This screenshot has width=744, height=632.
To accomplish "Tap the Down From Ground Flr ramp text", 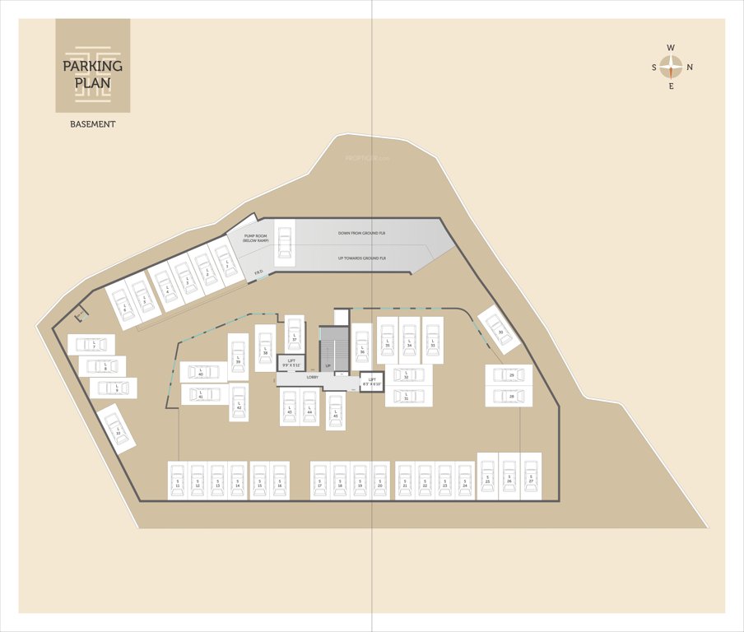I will (x=362, y=234).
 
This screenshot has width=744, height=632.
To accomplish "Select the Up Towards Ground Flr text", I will (x=362, y=258).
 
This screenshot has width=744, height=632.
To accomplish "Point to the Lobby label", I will (x=313, y=377).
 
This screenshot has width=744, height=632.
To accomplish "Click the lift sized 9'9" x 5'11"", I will (x=291, y=362).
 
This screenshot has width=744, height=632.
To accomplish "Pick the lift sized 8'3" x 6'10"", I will (x=372, y=382).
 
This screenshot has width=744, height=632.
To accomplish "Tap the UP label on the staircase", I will (x=328, y=365).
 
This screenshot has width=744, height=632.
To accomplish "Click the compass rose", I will (x=672, y=67).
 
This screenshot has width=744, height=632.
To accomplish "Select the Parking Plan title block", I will (x=92, y=66).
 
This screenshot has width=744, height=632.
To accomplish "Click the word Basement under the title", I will (x=92, y=124).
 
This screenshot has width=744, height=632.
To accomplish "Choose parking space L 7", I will (x=92, y=344).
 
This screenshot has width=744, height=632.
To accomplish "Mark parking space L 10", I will (x=117, y=429).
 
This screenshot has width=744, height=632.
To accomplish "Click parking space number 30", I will (x=500, y=330).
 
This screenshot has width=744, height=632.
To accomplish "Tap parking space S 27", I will (x=531, y=476).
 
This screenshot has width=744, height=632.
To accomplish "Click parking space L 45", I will (x=335, y=411).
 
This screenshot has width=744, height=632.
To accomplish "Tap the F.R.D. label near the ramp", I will (x=258, y=272).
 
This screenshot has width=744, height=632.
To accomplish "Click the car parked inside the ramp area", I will (x=285, y=242).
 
